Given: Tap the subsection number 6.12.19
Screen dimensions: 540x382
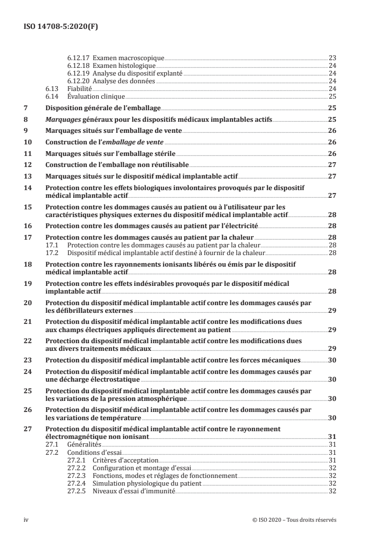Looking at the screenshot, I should click(x=78, y=73).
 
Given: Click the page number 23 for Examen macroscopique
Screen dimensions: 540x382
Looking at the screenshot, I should click(x=332, y=57).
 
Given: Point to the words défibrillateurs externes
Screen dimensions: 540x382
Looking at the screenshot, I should click(x=82, y=311).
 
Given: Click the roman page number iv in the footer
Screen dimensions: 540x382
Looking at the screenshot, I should click(x=26, y=520).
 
